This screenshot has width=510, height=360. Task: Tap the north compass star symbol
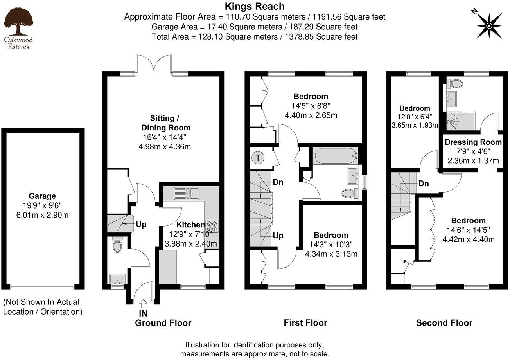pyautogui.click(x=489, y=26)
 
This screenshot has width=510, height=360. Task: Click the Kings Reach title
pyautogui.click(x=255, y=6)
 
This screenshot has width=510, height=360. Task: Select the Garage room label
pyautogui.click(x=42, y=196)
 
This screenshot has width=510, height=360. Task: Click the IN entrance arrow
pyautogui.click(x=143, y=302)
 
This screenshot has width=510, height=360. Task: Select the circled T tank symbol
pyautogui.click(x=258, y=158)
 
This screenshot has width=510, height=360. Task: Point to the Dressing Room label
pyautogui.click(x=473, y=142)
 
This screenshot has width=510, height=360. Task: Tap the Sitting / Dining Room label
pyautogui.click(x=165, y=123)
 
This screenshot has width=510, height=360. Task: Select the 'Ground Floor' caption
pyautogui.click(x=163, y=323)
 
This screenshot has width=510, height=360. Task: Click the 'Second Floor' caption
pyautogui.click(x=444, y=323)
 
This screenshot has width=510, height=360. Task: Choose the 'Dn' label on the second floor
pyautogui.click(x=423, y=184)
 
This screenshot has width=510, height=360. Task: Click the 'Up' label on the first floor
pyautogui.click(x=278, y=236)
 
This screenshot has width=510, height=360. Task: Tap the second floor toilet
pyautogui.click(x=455, y=83)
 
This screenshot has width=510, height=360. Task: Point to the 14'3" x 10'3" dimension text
pyautogui.click(x=331, y=244)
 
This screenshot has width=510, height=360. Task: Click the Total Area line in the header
pyautogui.click(x=255, y=37)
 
